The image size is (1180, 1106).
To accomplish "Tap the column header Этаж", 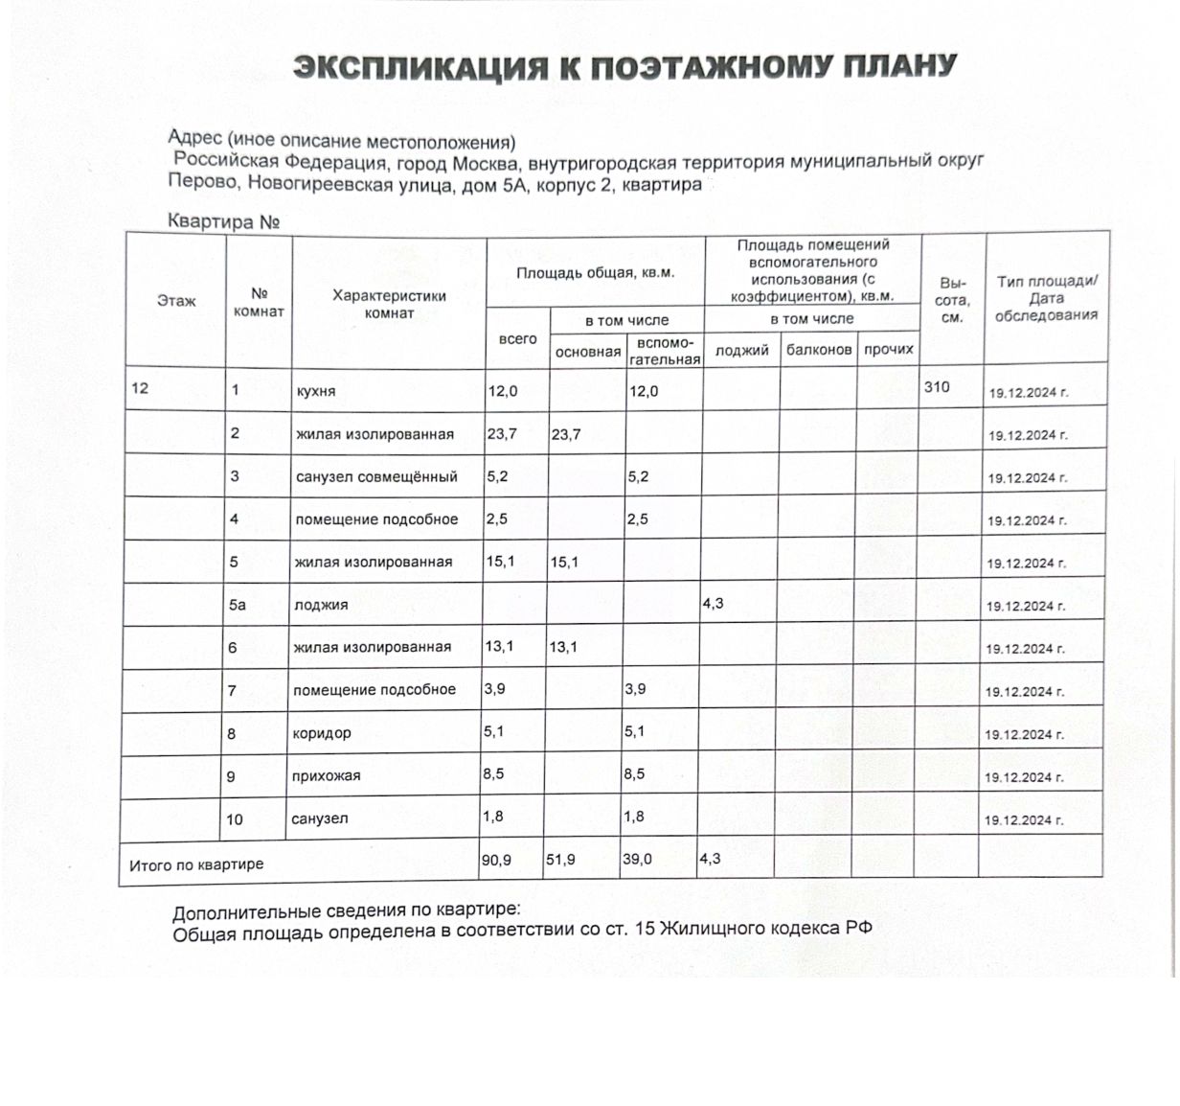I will (176, 301).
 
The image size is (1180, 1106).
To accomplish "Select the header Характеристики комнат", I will (389, 304).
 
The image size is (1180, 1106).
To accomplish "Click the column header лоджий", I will (742, 351).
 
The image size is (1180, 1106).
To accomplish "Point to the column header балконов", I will (819, 350).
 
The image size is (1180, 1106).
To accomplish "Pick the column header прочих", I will (889, 350).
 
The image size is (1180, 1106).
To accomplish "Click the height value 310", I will (937, 387).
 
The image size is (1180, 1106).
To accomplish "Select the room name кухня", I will (316, 392).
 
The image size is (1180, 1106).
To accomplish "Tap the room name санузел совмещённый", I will (376, 477).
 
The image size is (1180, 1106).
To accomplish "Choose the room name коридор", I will (322, 733).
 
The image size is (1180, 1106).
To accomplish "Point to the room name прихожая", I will (327, 776).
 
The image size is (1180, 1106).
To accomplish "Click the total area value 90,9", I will (496, 861).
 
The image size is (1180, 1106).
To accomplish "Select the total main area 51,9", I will (560, 861).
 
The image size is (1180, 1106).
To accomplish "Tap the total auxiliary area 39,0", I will (637, 860).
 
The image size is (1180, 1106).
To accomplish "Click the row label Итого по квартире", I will (196, 864).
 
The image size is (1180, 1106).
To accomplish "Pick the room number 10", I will (235, 819).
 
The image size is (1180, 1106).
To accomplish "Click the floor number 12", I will (140, 389).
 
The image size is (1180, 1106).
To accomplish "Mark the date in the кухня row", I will (1028, 393).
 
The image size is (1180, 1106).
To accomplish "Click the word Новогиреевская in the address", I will (355, 185).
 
